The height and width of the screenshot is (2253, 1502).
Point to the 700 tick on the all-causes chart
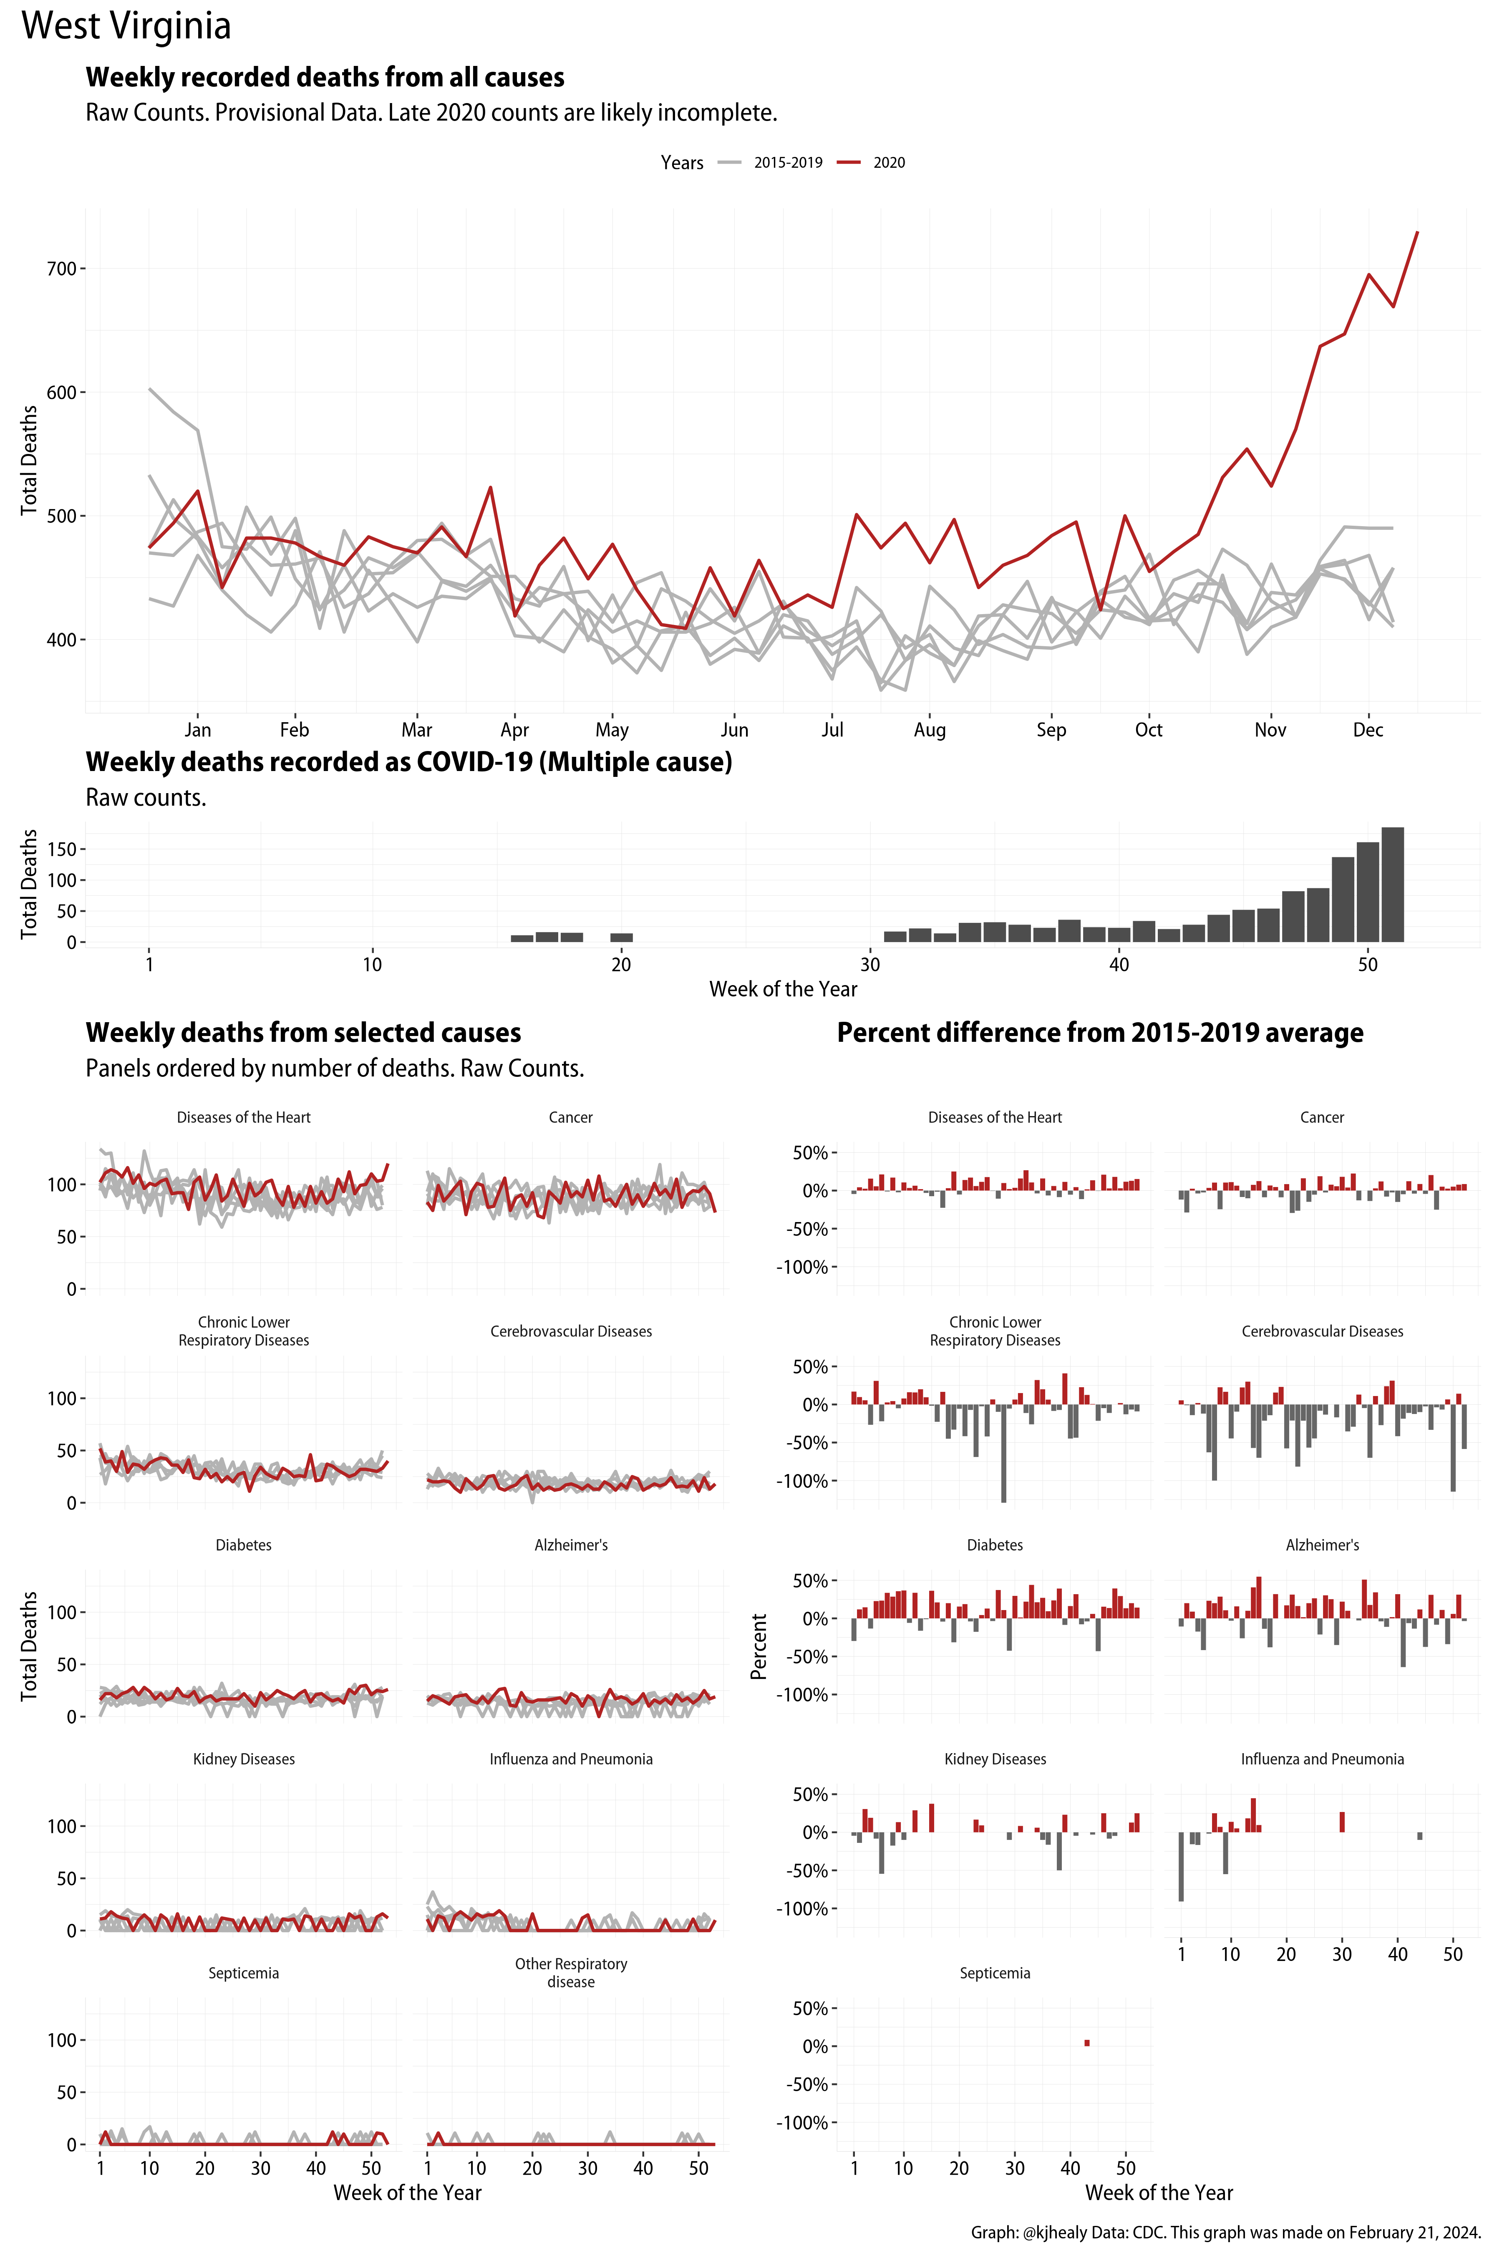tap(61, 269)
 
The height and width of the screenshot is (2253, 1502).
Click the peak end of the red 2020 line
tap(1417, 233)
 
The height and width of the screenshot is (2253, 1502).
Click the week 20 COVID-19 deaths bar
tap(622, 937)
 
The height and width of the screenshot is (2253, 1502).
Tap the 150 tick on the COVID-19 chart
tap(61, 849)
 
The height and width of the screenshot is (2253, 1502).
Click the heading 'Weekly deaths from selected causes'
tap(303, 1033)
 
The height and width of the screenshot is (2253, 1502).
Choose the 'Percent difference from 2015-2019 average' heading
tap(1100, 1033)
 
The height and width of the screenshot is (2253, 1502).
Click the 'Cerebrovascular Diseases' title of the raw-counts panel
tap(571, 1331)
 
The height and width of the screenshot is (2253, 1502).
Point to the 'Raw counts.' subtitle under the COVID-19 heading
tap(146, 798)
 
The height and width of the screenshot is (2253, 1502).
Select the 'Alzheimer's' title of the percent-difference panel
tap(1322, 1545)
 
